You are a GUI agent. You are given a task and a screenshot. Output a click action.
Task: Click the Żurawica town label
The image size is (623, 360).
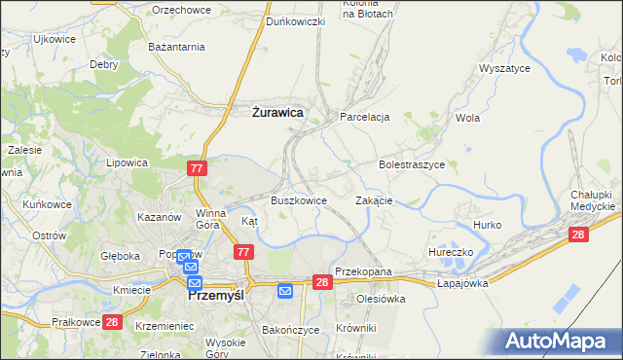click(x=272, y=113)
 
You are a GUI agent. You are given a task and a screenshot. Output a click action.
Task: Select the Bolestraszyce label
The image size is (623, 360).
click(x=412, y=165)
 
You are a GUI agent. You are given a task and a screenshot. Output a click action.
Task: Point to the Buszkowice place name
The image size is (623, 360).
click(x=298, y=200)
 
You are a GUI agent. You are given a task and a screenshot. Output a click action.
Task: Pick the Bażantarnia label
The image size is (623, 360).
click(x=175, y=47)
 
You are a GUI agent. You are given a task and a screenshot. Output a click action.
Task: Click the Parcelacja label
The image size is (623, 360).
click(x=365, y=117)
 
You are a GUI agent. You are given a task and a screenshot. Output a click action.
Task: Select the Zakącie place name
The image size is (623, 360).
click(x=374, y=200)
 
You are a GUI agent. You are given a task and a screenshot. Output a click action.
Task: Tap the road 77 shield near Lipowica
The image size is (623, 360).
click(x=198, y=168)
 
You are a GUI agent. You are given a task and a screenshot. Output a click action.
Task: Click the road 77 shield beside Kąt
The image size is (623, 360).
click(x=244, y=252)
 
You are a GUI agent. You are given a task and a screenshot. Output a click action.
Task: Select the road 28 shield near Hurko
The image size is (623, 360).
click(x=579, y=234)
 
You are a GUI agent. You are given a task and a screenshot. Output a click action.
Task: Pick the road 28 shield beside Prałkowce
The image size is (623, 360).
click(x=112, y=322)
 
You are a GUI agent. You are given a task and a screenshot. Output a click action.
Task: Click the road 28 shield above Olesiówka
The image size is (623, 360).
click(x=323, y=282)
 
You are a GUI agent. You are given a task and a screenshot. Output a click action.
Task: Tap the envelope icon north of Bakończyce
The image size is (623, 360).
click(x=285, y=290)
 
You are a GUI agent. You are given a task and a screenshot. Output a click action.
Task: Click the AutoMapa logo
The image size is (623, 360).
click(x=561, y=341)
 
